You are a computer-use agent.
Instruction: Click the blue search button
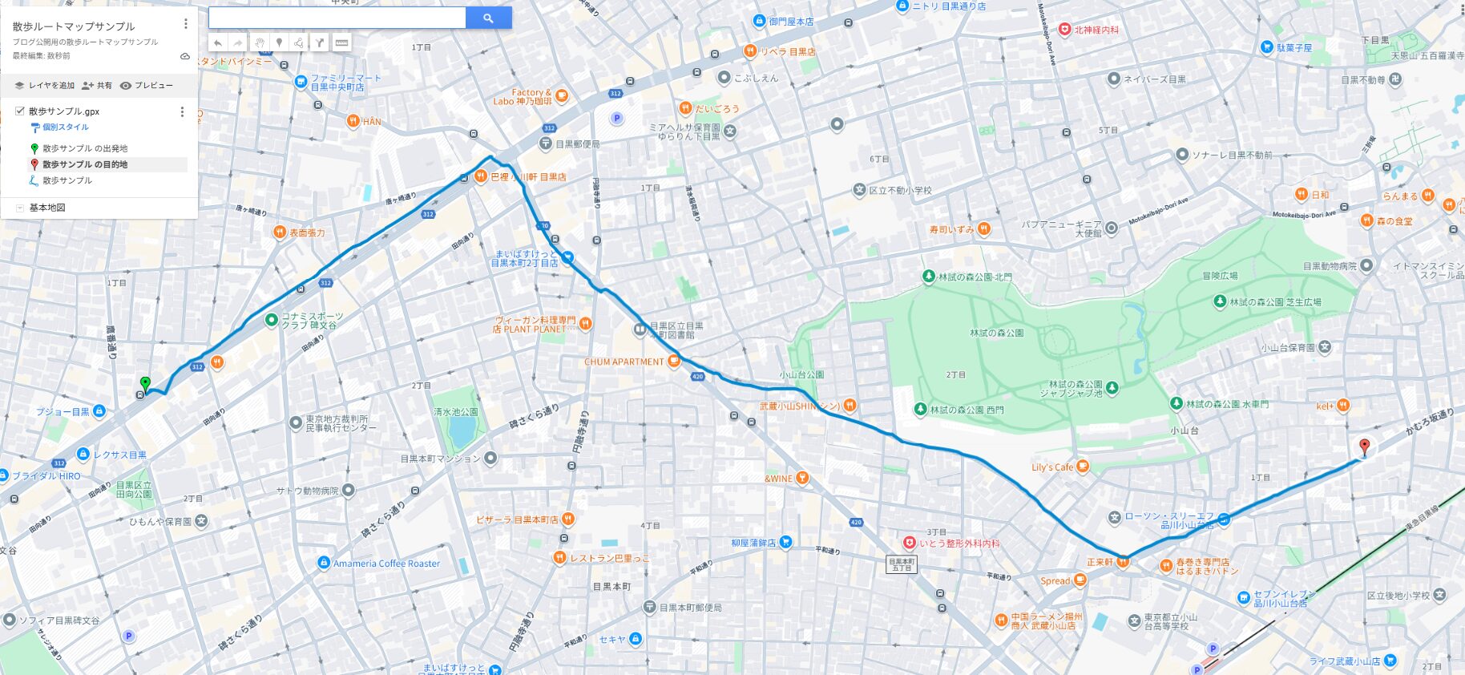[488, 18]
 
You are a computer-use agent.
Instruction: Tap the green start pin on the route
[145, 383]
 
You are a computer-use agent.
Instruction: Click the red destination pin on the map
[1364, 446]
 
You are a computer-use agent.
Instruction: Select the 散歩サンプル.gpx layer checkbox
[20, 111]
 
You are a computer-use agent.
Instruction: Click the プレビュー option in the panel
[147, 85]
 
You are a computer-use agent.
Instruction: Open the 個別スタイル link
[65, 127]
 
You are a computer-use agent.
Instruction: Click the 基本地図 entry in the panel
[46, 208]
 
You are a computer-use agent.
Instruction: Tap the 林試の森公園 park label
[996, 333]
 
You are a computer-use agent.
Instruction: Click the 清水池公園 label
[455, 412]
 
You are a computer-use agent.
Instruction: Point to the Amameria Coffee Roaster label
[386, 564]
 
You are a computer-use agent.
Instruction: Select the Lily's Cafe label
[1051, 467]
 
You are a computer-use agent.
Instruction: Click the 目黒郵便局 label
[577, 144]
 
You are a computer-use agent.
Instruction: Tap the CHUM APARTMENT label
[624, 362]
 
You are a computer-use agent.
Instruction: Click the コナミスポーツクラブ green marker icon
[271, 320]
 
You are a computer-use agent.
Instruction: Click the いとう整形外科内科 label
[959, 544]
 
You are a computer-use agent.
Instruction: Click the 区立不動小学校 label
[900, 191]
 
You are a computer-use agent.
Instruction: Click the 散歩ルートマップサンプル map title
[74, 26]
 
